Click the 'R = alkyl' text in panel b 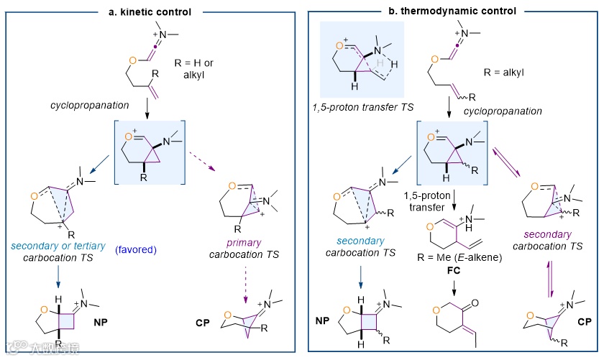[513, 72]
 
